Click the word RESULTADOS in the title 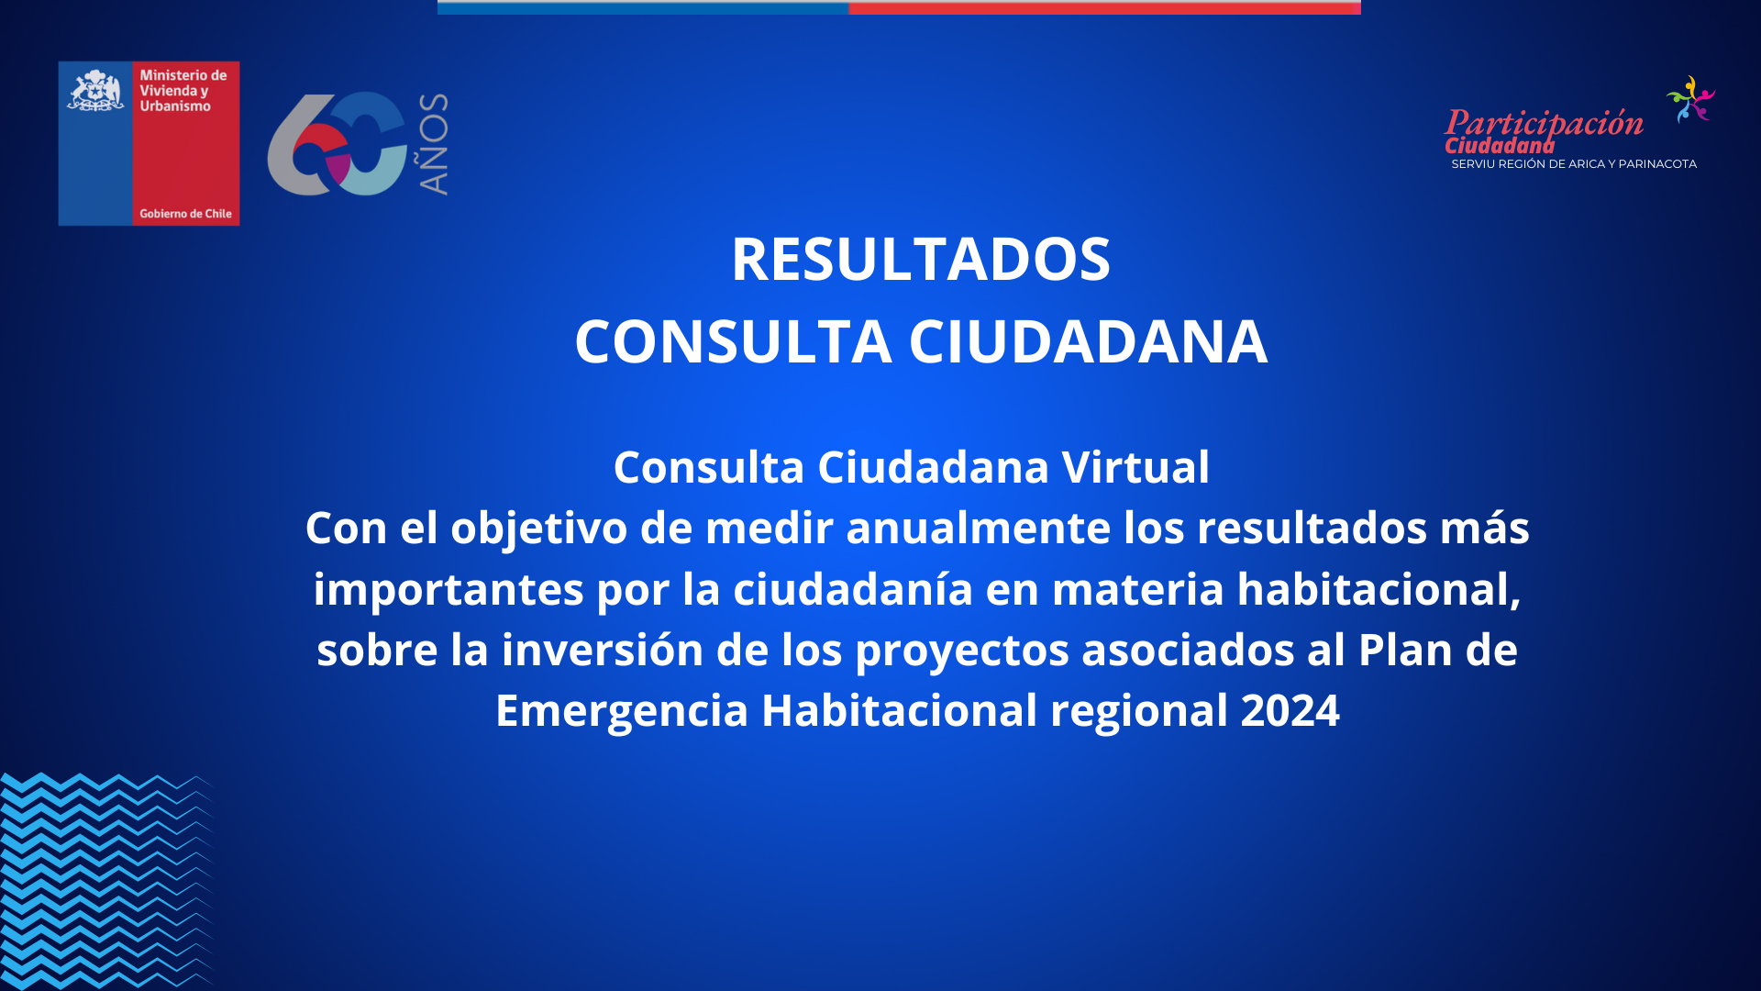[921, 259]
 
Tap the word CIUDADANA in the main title [1089, 341]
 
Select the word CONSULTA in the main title [734, 341]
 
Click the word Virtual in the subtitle [1135, 467]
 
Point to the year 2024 [1290, 710]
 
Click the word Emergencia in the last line [622, 711]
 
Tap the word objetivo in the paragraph [539, 529]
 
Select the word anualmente [979, 528]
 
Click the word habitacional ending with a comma [1379, 589]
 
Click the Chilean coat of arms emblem [95, 91]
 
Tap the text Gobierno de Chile [185, 214]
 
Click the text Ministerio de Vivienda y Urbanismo [183, 91]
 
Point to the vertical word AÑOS [433, 144]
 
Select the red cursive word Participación [1545, 125]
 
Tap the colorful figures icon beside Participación [1690, 99]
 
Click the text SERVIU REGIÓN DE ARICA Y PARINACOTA [1574, 164]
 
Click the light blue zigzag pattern [105, 881]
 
